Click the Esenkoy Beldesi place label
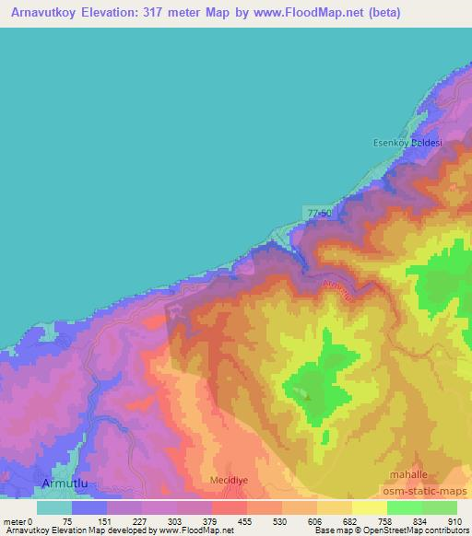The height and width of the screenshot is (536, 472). [x=407, y=143]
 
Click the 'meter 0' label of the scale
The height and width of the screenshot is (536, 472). [x=18, y=520]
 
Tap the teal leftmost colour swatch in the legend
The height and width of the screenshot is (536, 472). [x=54, y=507]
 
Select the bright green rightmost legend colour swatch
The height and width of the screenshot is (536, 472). [x=439, y=507]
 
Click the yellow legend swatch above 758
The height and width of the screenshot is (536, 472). [x=369, y=507]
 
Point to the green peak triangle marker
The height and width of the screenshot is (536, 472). [x=308, y=399]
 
